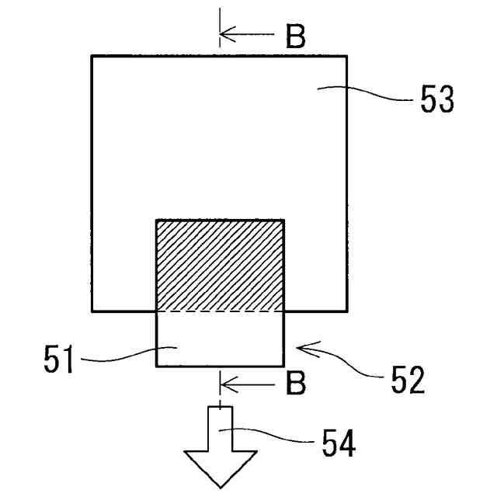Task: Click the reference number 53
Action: pyautogui.click(x=437, y=101)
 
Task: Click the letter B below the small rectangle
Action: pyautogui.click(x=295, y=382)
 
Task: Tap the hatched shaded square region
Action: pyautogui.click(x=220, y=265)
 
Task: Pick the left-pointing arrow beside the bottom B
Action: pyautogui.click(x=246, y=382)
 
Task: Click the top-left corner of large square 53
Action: pyautogui.click(x=92, y=55)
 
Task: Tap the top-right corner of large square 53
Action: pyautogui.click(x=346, y=55)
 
